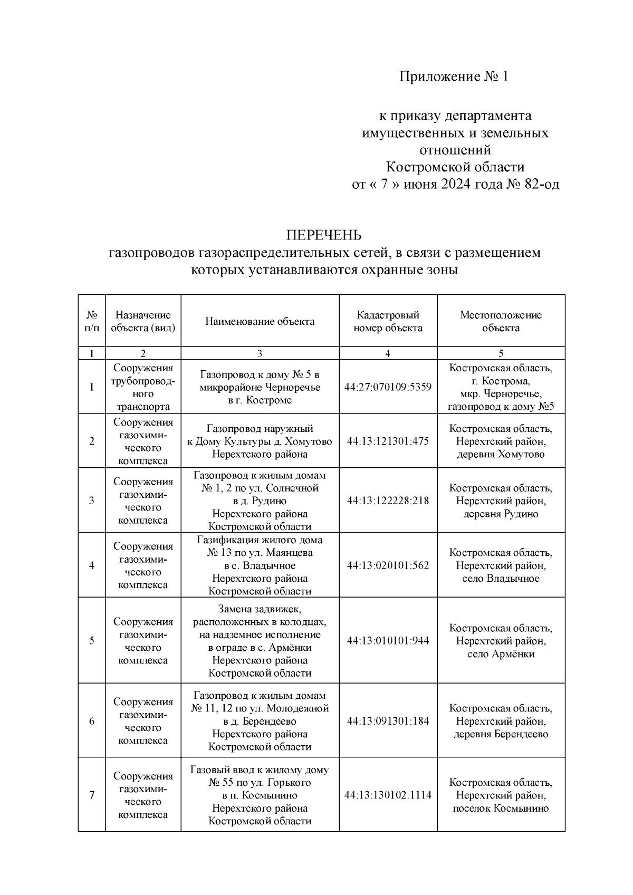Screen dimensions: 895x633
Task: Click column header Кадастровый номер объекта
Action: coord(388,321)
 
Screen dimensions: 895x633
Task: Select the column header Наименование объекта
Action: coord(260,321)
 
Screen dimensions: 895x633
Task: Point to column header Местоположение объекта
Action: coord(501,321)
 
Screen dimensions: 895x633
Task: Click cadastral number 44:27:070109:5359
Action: coord(388,387)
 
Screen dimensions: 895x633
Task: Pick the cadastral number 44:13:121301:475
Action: coord(388,441)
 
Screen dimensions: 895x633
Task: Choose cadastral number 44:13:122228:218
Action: coord(388,501)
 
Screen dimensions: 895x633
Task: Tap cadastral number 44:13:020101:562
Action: coord(388,565)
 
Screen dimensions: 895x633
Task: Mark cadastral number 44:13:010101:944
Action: coord(388,641)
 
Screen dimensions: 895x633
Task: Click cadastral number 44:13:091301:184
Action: coord(388,721)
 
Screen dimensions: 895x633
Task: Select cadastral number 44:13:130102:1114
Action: coord(388,795)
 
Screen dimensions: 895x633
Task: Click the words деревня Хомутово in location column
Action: coord(501,455)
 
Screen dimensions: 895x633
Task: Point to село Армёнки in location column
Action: coord(501,654)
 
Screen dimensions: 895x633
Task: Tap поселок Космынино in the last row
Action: coord(501,809)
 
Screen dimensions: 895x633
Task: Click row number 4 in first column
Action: coord(92,565)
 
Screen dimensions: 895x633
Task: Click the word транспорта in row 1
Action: coord(143,407)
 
